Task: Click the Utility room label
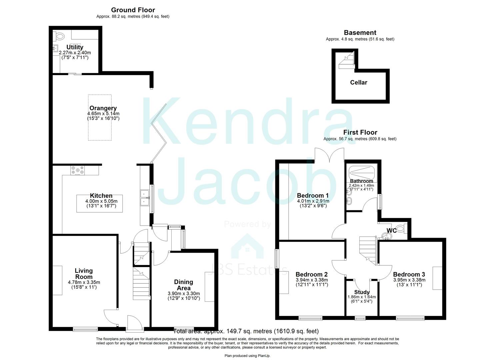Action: coord(75,47)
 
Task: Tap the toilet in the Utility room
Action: coord(60,36)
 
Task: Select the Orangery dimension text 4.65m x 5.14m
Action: coord(103,114)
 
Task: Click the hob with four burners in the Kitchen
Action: coord(78,171)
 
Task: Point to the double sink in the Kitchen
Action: coord(145,198)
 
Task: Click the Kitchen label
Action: coord(101,196)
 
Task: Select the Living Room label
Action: coord(84,274)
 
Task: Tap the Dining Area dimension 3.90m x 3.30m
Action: coord(184,293)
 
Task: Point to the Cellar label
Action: coord(359,82)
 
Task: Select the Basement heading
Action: coord(360,33)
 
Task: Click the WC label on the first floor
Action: coord(391,230)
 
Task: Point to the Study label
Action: coord(362,292)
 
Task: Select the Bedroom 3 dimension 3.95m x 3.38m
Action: coord(409,280)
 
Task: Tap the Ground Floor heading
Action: coord(133,10)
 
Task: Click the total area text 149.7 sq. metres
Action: coord(246,331)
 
